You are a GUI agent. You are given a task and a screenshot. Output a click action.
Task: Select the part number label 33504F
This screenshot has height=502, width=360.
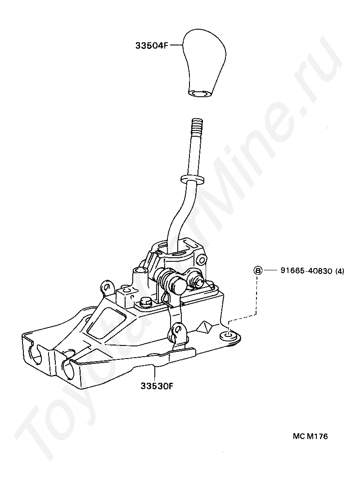pos(151,45)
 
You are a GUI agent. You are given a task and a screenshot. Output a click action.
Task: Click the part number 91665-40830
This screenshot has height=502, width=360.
pos(306,271)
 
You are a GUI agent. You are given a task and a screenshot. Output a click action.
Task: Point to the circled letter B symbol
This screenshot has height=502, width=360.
pos(258,271)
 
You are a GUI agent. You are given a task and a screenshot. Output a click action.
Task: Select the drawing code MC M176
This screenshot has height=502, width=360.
pos(310,436)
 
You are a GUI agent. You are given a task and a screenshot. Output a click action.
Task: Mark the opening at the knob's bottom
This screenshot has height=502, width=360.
pos(198,93)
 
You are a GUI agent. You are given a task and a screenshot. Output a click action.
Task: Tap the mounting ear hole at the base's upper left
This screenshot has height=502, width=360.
pos(107,286)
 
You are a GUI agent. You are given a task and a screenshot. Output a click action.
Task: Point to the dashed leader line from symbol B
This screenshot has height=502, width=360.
pos(256,297)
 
